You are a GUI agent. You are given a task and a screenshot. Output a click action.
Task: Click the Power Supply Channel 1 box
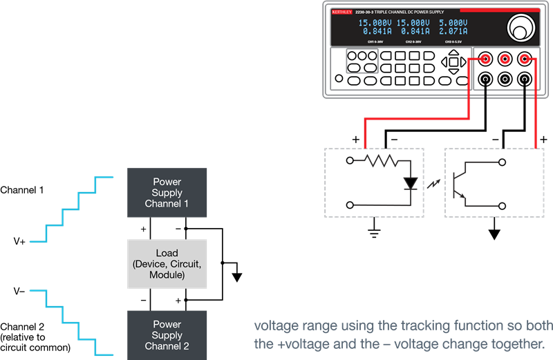tap(167, 193)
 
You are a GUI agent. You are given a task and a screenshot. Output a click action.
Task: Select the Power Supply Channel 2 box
tap(167, 335)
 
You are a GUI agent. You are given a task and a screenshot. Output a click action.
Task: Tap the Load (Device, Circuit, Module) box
tap(167, 264)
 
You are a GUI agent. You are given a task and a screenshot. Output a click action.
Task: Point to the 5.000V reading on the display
tap(453, 23)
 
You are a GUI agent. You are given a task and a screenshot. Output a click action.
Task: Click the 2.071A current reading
tap(453, 32)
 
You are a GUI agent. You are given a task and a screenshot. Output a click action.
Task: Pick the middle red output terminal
tap(505, 59)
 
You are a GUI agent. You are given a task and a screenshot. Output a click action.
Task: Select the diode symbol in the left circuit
tap(411, 184)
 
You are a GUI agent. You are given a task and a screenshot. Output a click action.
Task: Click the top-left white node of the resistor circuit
tap(350, 162)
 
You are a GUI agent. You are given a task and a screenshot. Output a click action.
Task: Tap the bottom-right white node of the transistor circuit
tap(503, 205)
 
